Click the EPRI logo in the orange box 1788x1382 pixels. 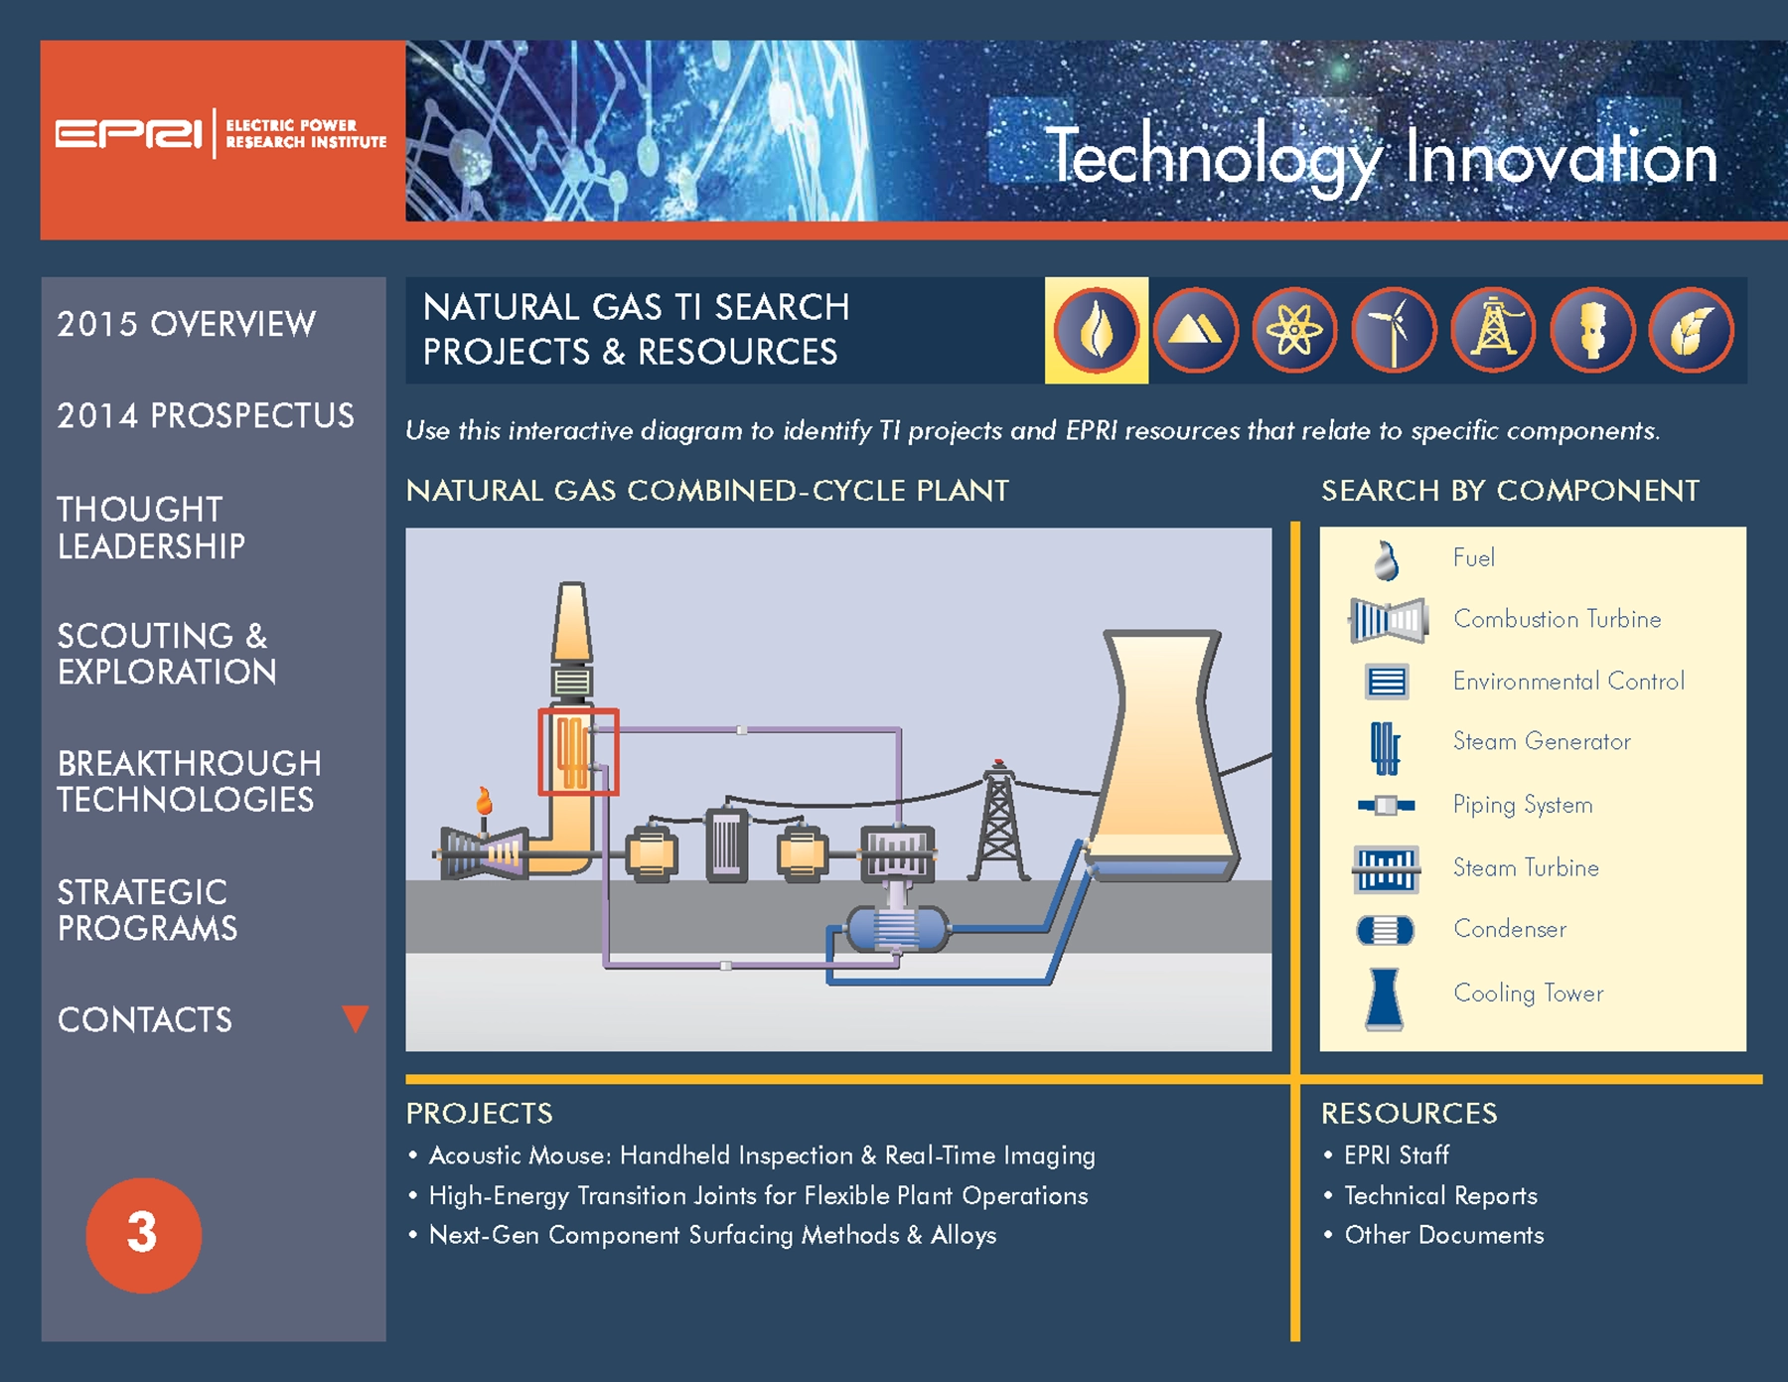221,133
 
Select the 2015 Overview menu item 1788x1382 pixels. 186,324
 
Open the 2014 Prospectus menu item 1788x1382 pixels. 206,415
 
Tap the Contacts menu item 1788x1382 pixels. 144,1019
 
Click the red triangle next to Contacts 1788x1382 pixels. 355,1018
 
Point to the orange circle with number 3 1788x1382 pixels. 143,1235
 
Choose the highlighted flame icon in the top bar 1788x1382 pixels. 1097,330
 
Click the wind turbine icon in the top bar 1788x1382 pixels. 1394,330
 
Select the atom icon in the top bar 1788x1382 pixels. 1294,330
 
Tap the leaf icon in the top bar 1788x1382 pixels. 1691,330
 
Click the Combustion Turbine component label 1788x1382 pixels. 1557,619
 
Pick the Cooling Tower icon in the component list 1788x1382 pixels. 1384,998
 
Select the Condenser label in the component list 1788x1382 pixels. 1510,929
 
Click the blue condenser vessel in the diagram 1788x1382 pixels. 897,930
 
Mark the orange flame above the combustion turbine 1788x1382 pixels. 484,801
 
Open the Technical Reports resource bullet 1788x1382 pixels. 1440,1195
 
